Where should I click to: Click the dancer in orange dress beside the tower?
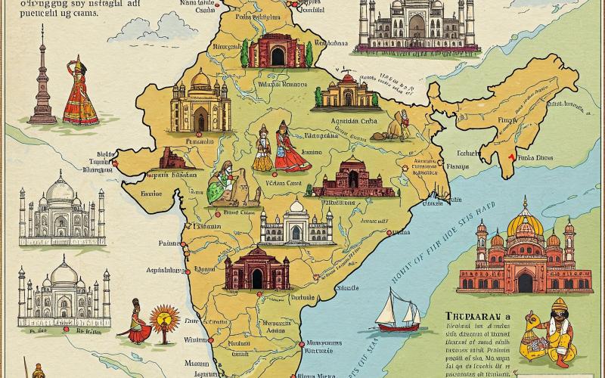(79, 94)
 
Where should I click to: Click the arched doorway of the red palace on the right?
(525, 282)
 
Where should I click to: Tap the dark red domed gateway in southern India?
(256, 269)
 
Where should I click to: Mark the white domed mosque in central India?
(296, 222)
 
